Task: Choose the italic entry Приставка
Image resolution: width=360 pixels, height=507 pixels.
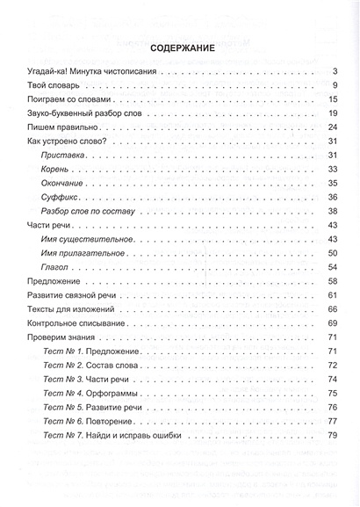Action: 62,155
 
